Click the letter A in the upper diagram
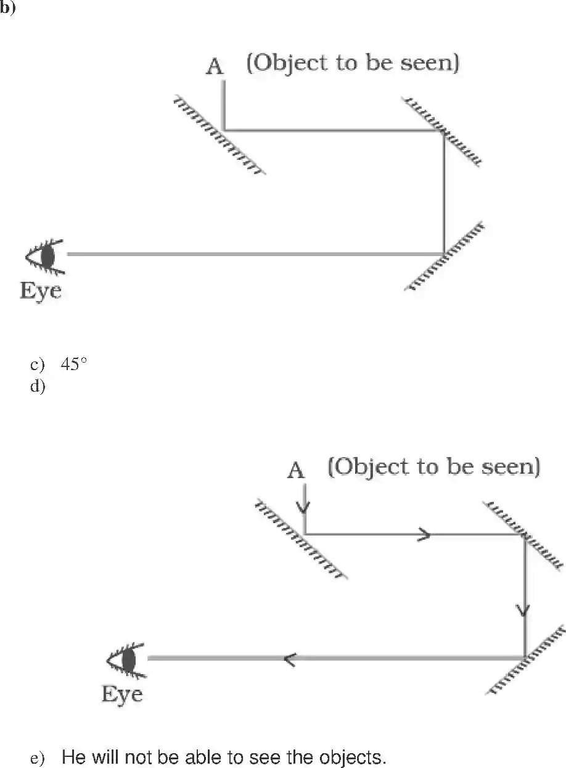coord(215,67)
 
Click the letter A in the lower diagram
coord(297,471)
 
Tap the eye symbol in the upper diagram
coord(44,255)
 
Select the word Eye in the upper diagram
coord(41,290)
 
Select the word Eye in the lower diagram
coord(122,694)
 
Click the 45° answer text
coord(73,365)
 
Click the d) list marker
coord(38,386)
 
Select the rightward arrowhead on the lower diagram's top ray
coord(424,535)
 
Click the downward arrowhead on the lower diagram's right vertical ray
coord(524,610)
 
